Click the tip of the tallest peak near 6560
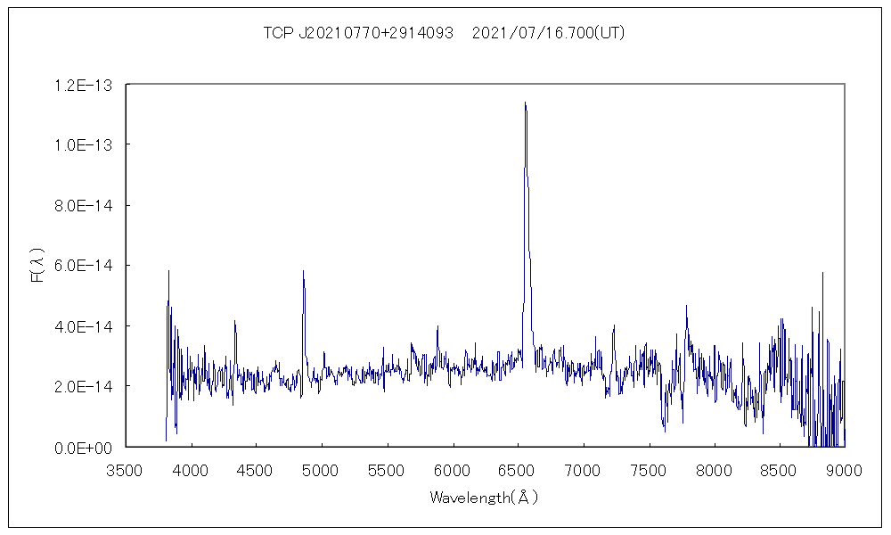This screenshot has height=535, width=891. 525,103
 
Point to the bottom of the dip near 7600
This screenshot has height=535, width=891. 665,432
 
